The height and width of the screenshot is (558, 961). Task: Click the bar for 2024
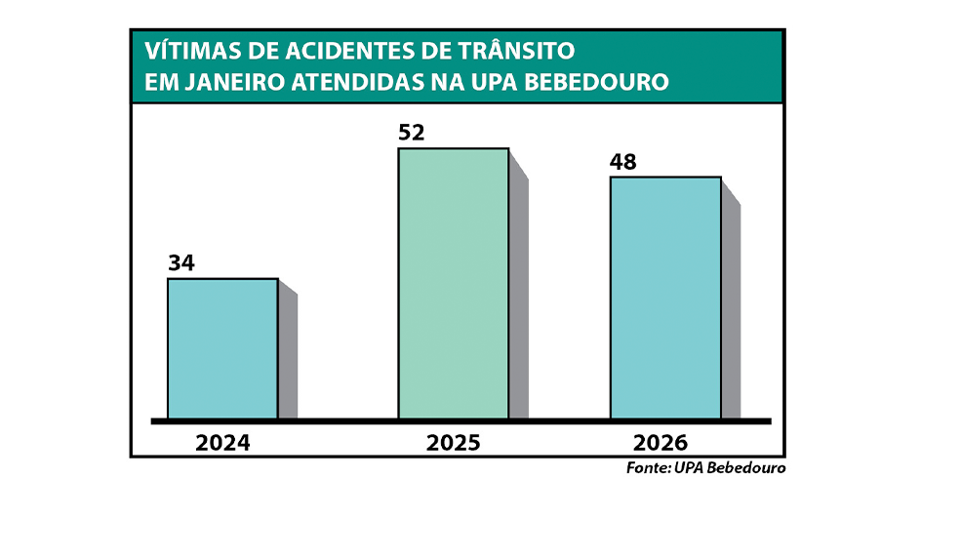click(222, 348)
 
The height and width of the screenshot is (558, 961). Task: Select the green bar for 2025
click(453, 283)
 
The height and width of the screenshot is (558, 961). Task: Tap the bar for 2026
click(665, 298)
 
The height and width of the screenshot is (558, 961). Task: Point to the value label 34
click(181, 263)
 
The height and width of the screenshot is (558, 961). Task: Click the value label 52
click(412, 133)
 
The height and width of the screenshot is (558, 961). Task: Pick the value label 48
click(622, 162)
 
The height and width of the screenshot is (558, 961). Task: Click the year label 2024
click(222, 442)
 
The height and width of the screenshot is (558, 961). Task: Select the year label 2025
click(453, 442)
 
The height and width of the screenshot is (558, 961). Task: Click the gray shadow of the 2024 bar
click(288, 356)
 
